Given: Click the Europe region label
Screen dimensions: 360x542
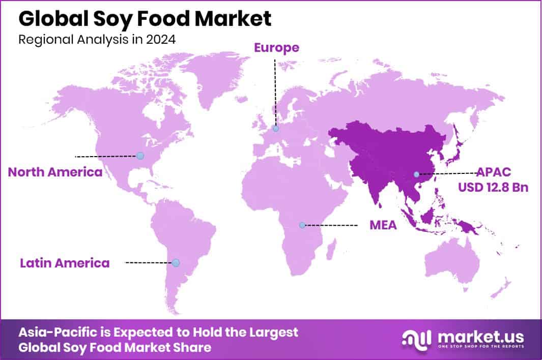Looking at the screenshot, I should (x=276, y=48).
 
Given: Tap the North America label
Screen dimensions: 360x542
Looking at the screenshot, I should (x=55, y=172).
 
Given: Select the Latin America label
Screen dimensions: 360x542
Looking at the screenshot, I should (x=65, y=263).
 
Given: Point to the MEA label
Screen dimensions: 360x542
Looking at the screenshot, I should (x=383, y=225).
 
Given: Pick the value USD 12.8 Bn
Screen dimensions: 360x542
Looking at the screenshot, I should (x=493, y=187).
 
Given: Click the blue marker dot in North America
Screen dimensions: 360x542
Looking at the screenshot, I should (x=140, y=156).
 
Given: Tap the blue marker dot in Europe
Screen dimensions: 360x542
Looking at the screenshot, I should (x=276, y=129).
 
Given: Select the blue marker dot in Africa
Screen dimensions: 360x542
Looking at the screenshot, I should (x=302, y=225).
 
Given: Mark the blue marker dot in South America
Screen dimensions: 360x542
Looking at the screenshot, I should (x=176, y=263).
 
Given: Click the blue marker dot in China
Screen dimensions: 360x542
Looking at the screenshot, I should (x=416, y=174).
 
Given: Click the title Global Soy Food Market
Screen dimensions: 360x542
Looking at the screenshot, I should (x=145, y=19).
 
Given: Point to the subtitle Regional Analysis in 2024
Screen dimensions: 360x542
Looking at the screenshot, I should (x=97, y=40).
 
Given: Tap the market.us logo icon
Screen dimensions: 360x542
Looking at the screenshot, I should (x=416, y=338).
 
